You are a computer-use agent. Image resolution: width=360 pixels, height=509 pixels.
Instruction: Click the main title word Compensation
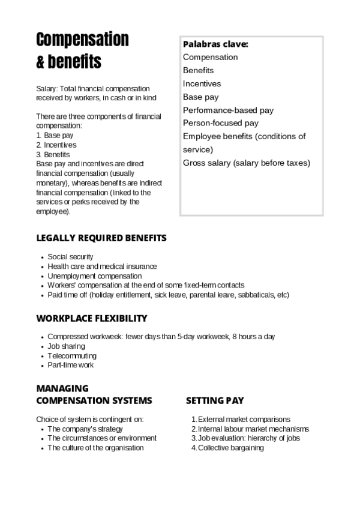[x=82, y=40]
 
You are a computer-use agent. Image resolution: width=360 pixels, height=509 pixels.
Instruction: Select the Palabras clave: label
[x=215, y=44]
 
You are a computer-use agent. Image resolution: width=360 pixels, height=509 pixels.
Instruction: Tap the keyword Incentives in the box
[x=202, y=83]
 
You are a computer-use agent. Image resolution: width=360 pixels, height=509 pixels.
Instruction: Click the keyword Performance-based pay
[x=228, y=110]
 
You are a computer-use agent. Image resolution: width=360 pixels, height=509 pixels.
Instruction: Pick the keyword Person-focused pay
[x=220, y=123]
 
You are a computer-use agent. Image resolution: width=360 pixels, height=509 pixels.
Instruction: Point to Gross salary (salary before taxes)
[x=246, y=163]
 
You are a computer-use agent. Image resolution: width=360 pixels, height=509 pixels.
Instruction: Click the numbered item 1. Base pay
[x=55, y=136]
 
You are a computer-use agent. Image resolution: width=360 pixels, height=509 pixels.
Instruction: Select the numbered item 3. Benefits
[x=53, y=154]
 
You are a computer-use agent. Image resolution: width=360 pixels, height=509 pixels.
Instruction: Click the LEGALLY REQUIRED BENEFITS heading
[x=101, y=238]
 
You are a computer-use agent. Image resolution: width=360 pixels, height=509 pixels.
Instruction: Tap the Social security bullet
[x=70, y=257]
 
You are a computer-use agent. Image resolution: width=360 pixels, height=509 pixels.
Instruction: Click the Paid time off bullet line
[x=168, y=295]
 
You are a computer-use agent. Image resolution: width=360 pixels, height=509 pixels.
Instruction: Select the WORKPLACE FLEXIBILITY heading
[x=92, y=318]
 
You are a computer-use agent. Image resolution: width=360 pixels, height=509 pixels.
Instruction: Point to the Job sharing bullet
[x=66, y=346]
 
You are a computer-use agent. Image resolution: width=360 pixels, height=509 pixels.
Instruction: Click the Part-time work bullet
[x=70, y=365]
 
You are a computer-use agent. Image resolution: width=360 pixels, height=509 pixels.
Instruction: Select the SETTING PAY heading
[x=215, y=400]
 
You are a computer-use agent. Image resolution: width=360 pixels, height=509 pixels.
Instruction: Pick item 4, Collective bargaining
[x=230, y=448]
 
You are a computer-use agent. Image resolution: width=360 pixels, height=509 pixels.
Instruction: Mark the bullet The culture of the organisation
[x=95, y=448]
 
